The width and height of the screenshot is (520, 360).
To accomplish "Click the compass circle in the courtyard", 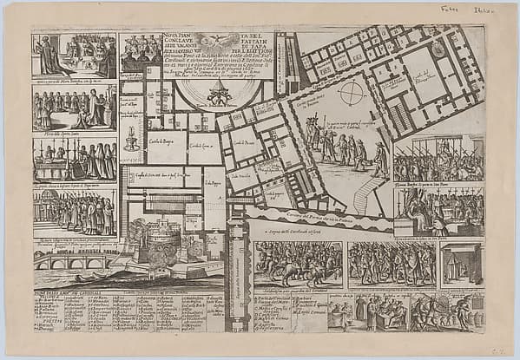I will click(352, 92).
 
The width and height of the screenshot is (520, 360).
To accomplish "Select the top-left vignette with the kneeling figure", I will click(74, 56).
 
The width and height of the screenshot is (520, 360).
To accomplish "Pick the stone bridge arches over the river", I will click(74, 259).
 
